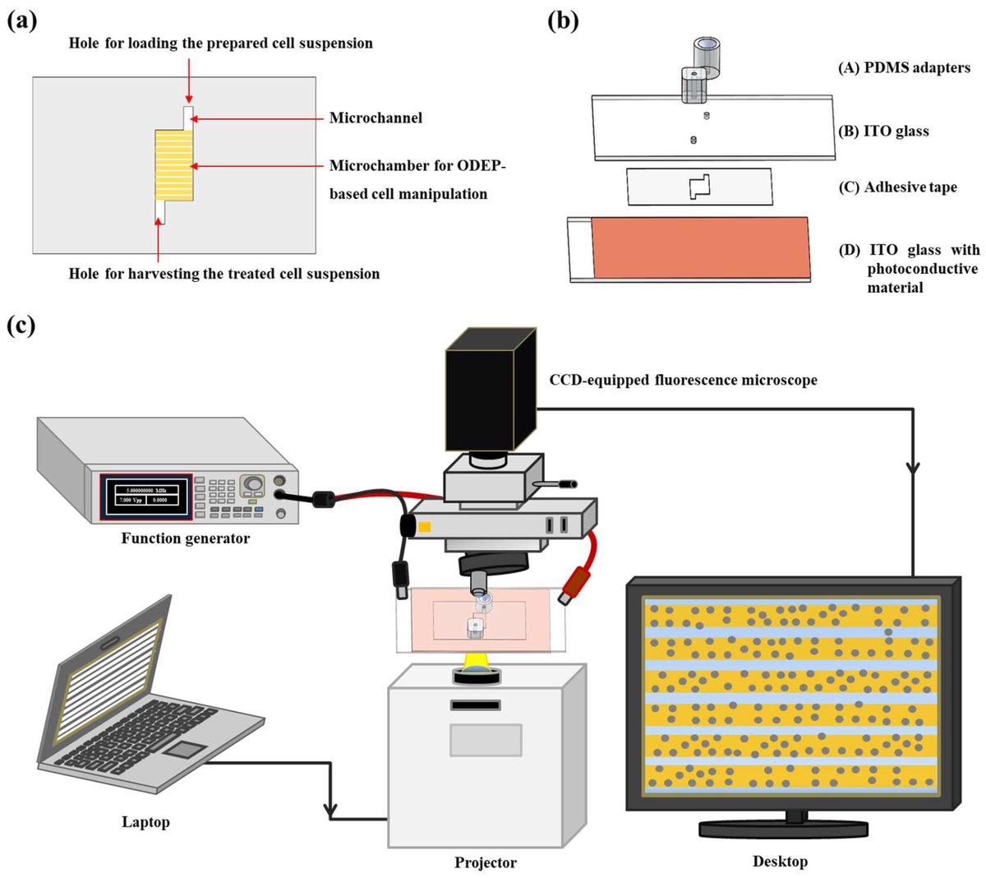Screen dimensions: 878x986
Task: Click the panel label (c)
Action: point(22,325)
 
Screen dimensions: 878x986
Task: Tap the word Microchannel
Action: point(376,118)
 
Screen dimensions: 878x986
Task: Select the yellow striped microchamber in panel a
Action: point(174,164)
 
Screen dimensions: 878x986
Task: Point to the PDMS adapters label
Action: point(904,68)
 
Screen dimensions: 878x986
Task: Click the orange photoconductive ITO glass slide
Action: point(700,247)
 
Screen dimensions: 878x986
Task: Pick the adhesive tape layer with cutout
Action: point(699,187)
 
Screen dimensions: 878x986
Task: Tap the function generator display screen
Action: point(146,496)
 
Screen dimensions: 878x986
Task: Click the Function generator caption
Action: point(185,539)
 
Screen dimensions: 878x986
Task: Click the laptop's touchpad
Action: point(187,748)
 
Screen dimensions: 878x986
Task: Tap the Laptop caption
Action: point(145,822)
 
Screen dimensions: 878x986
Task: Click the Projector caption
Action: point(486,863)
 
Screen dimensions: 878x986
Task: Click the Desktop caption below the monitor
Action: point(780,862)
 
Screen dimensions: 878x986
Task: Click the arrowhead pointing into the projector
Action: point(331,812)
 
